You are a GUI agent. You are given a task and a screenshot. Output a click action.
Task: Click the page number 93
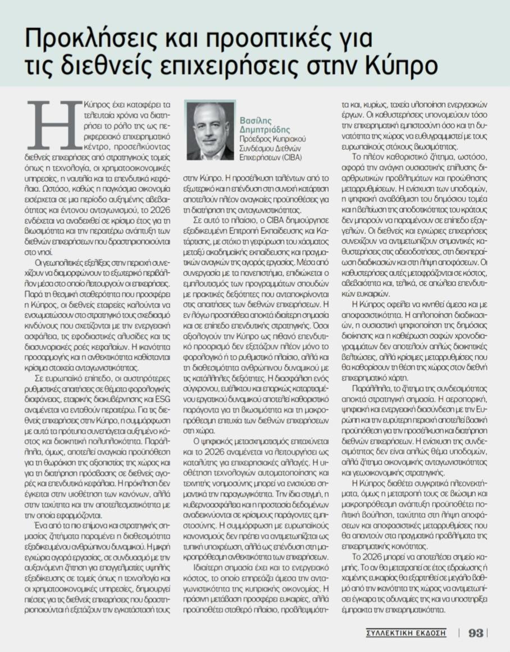476,632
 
